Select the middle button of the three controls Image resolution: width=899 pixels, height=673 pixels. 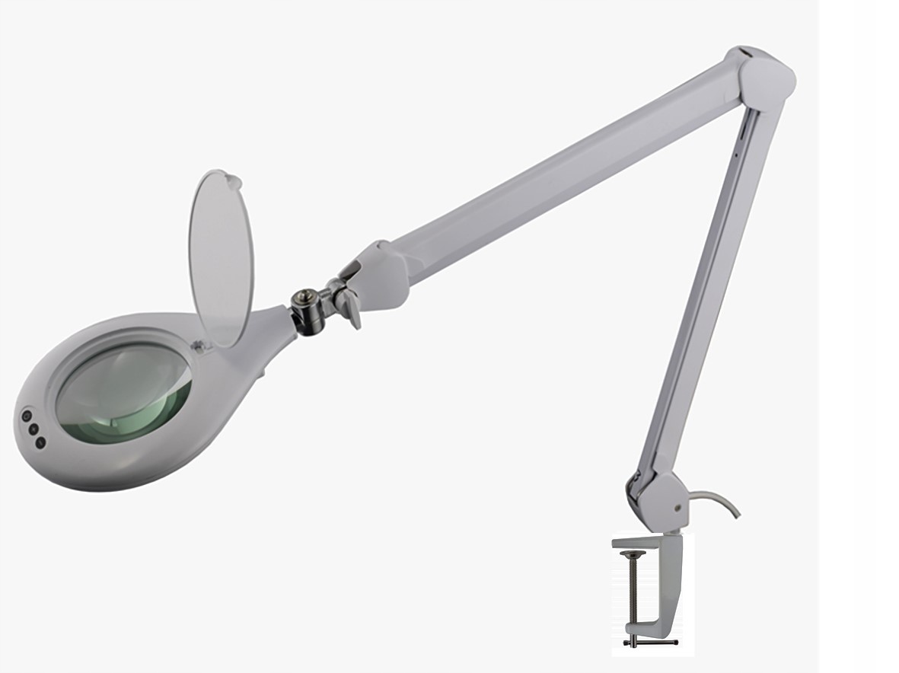coord(33,429)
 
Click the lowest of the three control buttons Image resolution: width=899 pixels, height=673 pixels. coord(40,442)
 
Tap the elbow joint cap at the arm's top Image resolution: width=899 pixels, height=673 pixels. coord(765,76)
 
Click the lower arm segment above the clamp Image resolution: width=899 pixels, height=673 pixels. coord(704,305)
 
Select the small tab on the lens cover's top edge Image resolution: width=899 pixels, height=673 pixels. coord(234,181)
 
